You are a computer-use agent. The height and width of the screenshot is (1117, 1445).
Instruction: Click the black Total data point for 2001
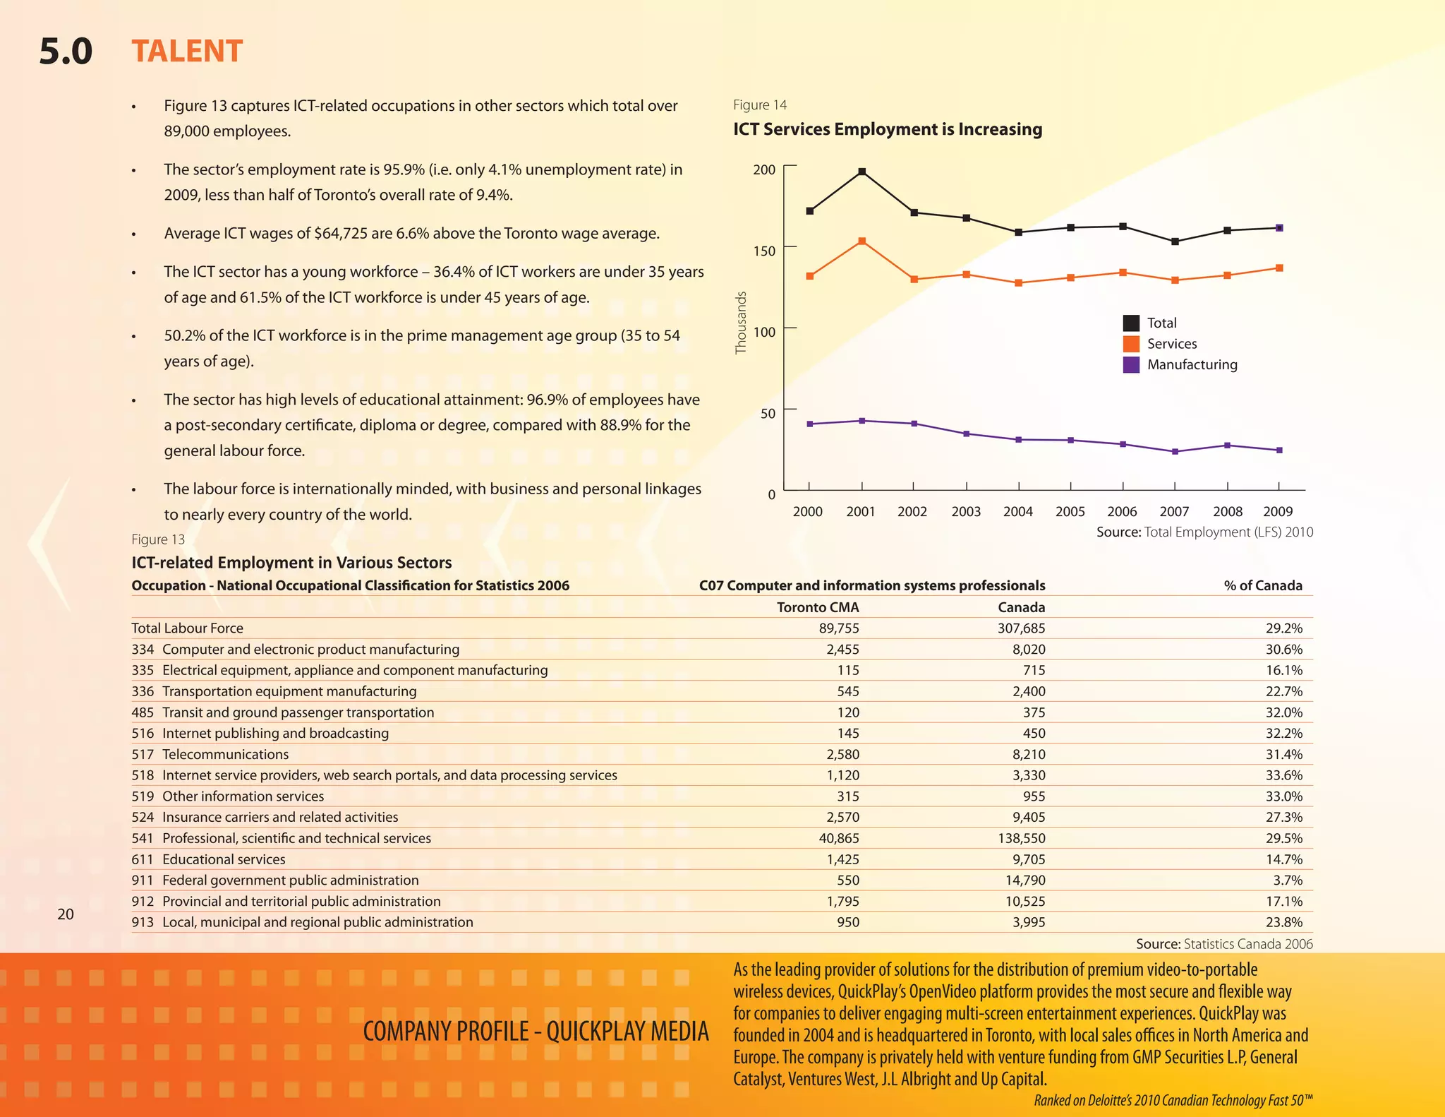(x=862, y=172)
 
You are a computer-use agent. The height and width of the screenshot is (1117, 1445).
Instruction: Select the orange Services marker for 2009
(x=1280, y=268)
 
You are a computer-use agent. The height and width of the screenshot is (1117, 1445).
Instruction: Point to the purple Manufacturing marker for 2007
(x=1175, y=452)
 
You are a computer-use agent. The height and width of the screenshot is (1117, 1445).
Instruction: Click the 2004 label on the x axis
(x=1018, y=512)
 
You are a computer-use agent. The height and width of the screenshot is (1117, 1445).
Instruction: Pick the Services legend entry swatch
(x=1131, y=344)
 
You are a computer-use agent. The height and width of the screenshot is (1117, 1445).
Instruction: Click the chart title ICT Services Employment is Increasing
(x=888, y=129)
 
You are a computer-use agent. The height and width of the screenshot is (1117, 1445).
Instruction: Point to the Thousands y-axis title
(x=741, y=323)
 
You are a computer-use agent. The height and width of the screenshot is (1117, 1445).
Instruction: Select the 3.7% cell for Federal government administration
(x=1288, y=880)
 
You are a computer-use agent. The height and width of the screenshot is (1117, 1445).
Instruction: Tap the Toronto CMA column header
(x=818, y=607)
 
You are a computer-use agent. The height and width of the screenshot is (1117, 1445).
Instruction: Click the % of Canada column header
(x=1263, y=585)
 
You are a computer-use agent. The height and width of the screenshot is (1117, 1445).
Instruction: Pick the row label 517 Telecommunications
(x=210, y=754)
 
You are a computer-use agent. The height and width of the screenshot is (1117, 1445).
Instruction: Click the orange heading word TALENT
(x=187, y=52)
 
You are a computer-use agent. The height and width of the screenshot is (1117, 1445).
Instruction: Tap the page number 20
(x=65, y=914)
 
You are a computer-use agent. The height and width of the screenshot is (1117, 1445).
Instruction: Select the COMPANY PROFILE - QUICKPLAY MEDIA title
(x=536, y=1032)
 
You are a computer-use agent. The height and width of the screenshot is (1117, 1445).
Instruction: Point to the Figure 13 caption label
(x=158, y=539)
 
